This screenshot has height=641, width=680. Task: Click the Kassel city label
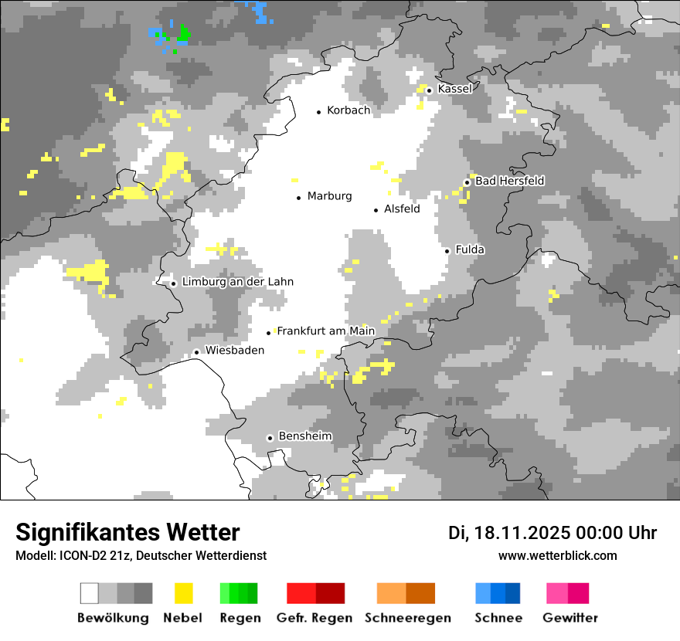click(x=454, y=89)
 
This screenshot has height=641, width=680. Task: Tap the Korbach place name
click(x=348, y=110)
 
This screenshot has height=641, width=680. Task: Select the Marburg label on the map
click(x=329, y=196)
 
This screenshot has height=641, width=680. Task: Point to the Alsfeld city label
click(x=402, y=209)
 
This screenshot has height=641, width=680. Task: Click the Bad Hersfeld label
click(x=509, y=181)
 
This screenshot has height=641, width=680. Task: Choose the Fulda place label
click(x=470, y=249)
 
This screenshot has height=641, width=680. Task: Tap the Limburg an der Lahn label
click(x=237, y=282)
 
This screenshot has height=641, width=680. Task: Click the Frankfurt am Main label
click(x=325, y=331)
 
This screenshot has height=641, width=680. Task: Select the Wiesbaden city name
click(x=234, y=351)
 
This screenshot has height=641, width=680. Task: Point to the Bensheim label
click(x=304, y=436)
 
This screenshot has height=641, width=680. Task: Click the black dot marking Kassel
click(x=429, y=90)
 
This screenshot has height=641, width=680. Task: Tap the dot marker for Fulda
click(x=447, y=250)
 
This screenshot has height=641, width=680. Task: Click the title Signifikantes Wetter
click(x=127, y=533)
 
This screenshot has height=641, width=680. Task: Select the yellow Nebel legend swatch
click(x=183, y=593)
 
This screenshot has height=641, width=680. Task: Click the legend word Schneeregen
click(x=407, y=618)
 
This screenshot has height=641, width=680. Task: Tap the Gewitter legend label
click(x=569, y=618)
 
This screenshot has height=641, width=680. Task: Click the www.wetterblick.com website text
click(x=557, y=555)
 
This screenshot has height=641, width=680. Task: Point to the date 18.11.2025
click(x=522, y=533)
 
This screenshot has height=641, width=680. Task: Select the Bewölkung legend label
click(x=113, y=618)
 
